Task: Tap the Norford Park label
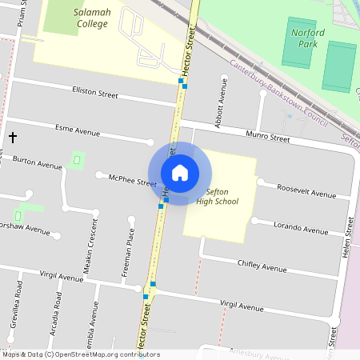[308, 38]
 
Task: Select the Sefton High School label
[218, 197]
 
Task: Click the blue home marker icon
[180, 173]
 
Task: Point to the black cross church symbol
[12, 138]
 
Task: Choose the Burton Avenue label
[37, 163]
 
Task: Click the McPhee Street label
[132, 182]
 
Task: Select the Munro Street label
[267, 138]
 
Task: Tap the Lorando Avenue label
[300, 228]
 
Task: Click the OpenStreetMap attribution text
[81, 354]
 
